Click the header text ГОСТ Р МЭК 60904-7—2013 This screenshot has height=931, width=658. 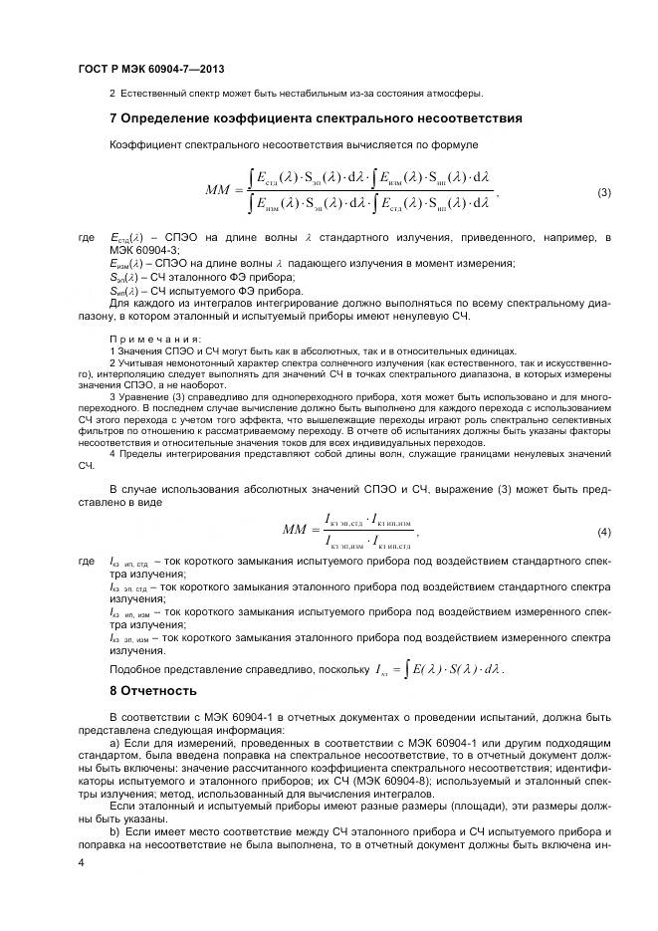coord(149,69)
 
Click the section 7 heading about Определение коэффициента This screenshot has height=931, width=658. coord(315,117)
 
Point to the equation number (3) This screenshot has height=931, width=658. coord(603,192)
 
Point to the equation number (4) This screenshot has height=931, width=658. coord(603,533)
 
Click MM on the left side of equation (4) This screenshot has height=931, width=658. coord(296,532)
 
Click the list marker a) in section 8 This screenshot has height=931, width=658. coord(114,743)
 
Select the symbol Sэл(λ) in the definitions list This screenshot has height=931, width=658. coord(123,276)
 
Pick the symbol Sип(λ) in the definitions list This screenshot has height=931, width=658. coord(123,289)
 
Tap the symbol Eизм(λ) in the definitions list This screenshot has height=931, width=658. coord(126,263)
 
